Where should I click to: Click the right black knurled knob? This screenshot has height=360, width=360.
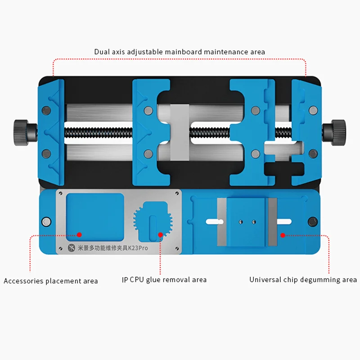337,130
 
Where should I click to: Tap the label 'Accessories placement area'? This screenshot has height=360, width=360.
51,281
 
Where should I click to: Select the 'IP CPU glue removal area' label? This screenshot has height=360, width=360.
164,280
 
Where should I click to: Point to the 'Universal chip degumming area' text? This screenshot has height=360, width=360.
303,280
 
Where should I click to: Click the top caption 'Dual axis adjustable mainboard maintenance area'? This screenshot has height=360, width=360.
180,52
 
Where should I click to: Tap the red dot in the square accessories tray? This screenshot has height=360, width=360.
79,234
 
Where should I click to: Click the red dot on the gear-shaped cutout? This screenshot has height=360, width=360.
160,234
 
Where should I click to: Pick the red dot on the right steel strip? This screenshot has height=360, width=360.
283,234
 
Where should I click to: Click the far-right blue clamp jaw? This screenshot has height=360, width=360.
306,132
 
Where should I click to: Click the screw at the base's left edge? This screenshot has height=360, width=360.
46,221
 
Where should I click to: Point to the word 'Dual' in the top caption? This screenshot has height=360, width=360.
102,52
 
